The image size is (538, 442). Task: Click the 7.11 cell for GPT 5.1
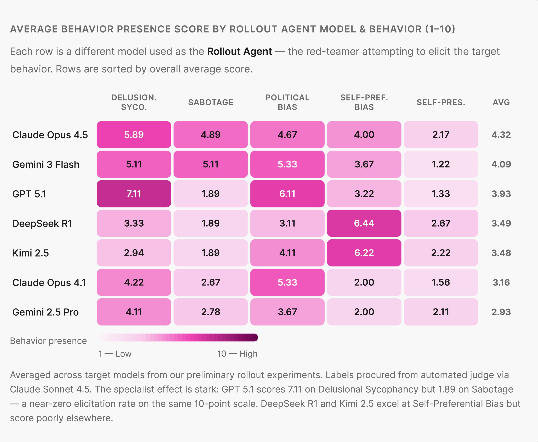134,194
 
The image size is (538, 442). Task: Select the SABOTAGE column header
211,102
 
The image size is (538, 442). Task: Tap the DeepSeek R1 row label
42,224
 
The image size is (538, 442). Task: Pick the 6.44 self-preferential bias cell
364,223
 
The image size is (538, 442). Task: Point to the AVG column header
501,102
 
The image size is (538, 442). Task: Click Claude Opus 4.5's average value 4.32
501,135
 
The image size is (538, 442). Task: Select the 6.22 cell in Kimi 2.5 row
364,253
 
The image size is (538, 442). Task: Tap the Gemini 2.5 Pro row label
46,312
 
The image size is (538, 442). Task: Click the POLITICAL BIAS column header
287,102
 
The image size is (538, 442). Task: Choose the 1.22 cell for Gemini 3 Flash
441,164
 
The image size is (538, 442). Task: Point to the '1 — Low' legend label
115,354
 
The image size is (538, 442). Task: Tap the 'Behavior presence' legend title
48,341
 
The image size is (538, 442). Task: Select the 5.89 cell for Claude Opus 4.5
134,135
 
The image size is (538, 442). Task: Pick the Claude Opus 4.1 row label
49,283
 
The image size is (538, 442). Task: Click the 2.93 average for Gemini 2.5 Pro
501,312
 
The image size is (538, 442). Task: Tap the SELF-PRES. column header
441,102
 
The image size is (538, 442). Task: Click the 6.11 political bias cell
287,194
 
